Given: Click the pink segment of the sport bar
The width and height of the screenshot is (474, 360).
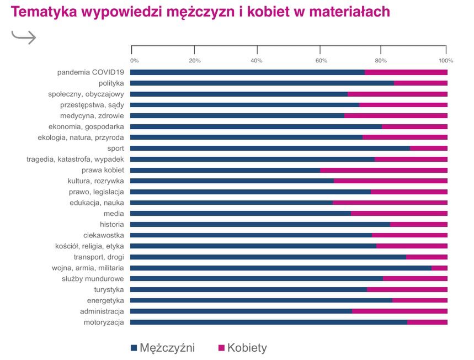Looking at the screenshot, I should point(428,149).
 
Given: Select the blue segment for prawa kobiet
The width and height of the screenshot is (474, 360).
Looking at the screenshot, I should point(225,170).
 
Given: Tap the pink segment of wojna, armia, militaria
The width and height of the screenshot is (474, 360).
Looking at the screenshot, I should point(439,268).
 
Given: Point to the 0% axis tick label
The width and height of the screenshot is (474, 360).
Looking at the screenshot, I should point(134,60).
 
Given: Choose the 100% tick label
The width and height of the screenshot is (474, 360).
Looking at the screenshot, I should point(445,60).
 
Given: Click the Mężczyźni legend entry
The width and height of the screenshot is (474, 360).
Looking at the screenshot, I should point(163,348).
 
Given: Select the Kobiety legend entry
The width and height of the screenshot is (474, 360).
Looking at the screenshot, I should point(243,348).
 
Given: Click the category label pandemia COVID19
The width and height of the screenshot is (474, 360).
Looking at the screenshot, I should point(90,72).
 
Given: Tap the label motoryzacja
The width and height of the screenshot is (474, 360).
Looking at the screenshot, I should point(104,322).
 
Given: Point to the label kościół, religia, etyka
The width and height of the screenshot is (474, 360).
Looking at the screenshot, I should point(89,246).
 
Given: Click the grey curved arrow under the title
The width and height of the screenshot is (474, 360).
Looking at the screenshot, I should point(24,37).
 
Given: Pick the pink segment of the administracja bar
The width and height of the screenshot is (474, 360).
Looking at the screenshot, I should point(400,311).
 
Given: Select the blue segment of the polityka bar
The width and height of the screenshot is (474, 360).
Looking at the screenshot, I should point(262,83).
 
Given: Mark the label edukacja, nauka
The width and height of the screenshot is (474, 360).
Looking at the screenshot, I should point(97,203).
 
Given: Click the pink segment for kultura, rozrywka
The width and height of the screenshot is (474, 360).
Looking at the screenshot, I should point(390,181).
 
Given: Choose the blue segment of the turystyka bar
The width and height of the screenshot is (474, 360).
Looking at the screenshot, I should point(248,290).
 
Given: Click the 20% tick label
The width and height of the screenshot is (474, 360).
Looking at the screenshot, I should point(195,60).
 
